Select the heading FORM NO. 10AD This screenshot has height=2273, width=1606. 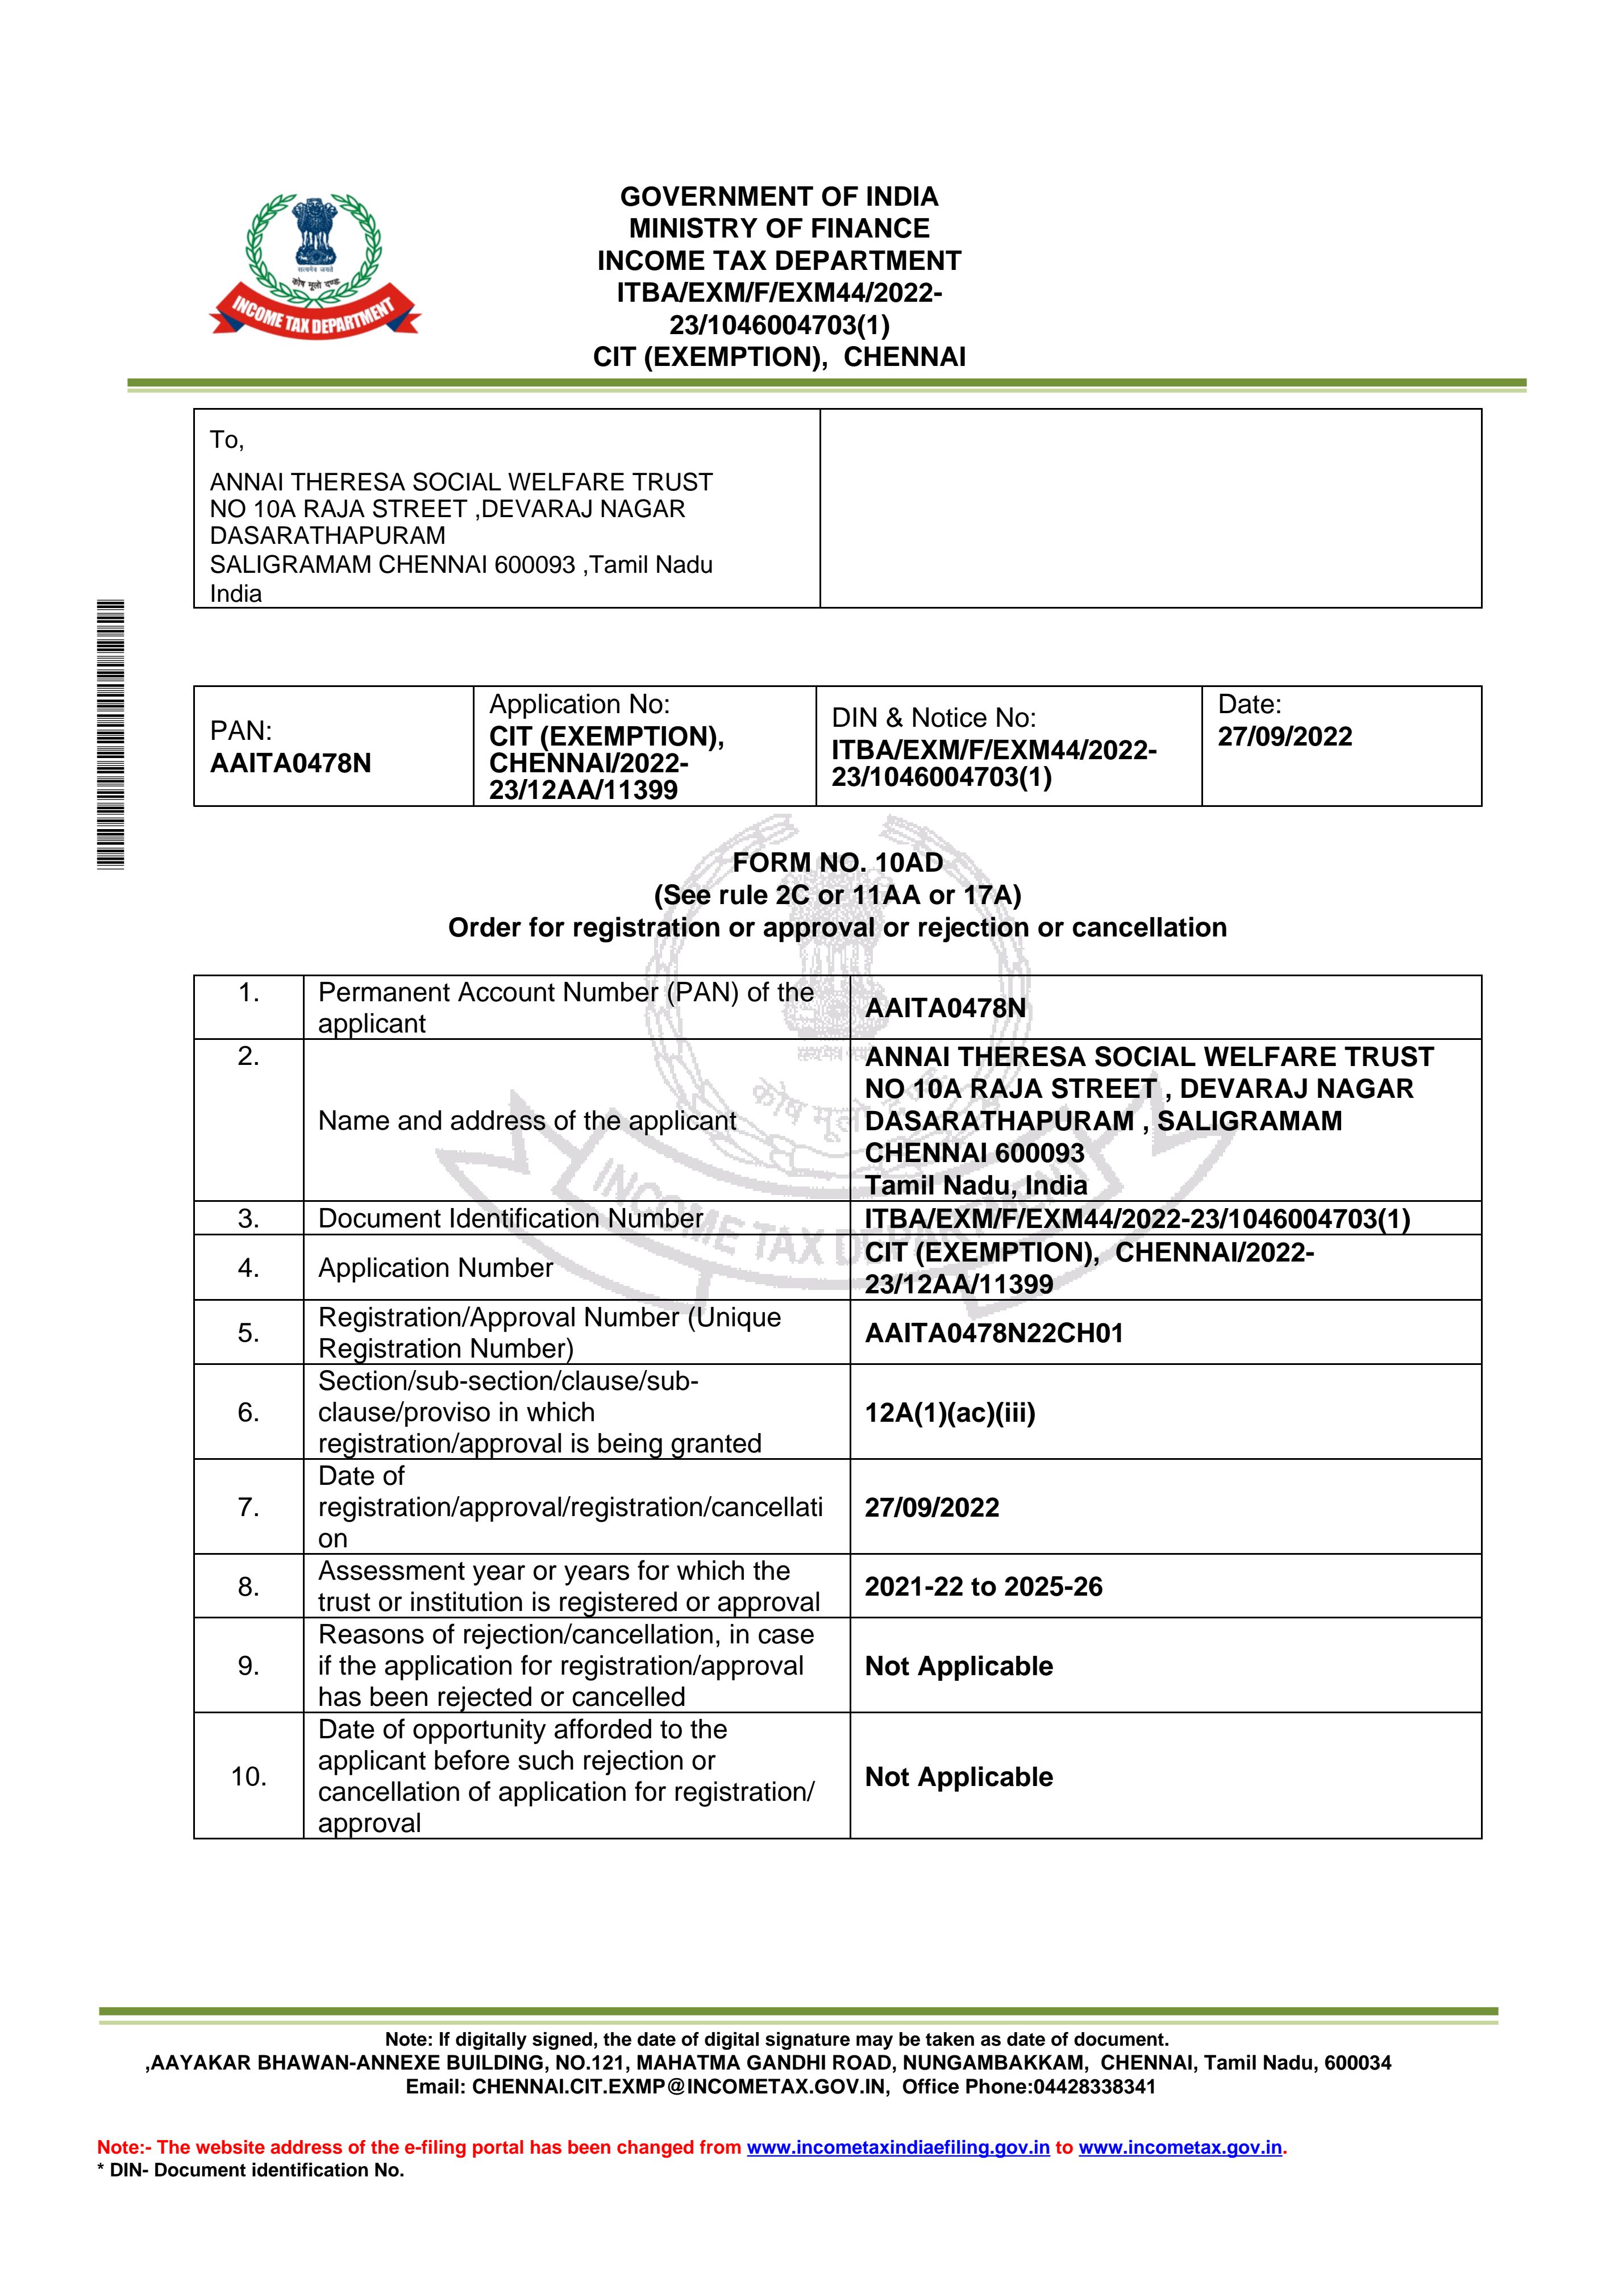tap(838, 862)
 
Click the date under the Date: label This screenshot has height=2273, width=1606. tap(1284, 736)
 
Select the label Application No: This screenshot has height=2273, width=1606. tap(579, 704)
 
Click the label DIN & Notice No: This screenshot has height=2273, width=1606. tap(933, 718)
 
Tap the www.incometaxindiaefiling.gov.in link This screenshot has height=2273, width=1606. tap(897, 2147)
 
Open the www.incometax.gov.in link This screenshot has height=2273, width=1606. tap(1179, 2147)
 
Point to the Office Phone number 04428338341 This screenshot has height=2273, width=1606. tap(1094, 2087)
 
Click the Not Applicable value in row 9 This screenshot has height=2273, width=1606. tap(959, 1666)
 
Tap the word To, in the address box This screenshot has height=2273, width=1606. tap(227, 440)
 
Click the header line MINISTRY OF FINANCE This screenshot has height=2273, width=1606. tap(779, 228)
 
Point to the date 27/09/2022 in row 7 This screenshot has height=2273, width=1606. tap(931, 1507)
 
